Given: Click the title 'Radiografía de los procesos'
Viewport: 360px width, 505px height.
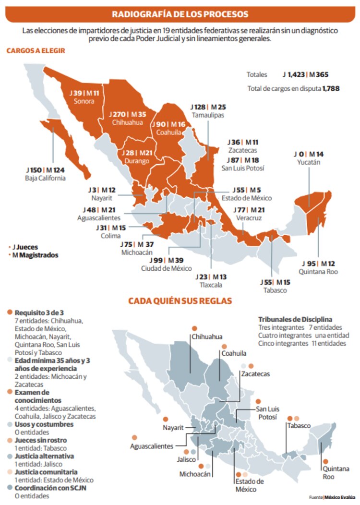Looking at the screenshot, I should [180, 13].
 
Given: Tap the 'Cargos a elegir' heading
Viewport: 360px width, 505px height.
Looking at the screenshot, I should [36, 50].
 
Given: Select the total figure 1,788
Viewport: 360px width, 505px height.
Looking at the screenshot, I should [332, 89].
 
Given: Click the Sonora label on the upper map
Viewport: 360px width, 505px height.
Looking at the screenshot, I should [84, 101].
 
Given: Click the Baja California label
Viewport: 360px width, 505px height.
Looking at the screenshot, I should [45, 178].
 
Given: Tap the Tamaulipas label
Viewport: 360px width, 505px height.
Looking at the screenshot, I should [208, 116].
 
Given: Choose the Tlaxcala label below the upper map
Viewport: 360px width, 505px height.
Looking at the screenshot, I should [211, 285].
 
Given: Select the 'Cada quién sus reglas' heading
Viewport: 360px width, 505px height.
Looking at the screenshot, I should [180, 301].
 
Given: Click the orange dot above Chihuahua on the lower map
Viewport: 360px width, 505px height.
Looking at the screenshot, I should [194, 328].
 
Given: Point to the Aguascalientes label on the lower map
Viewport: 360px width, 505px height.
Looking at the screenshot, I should [152, 446].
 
